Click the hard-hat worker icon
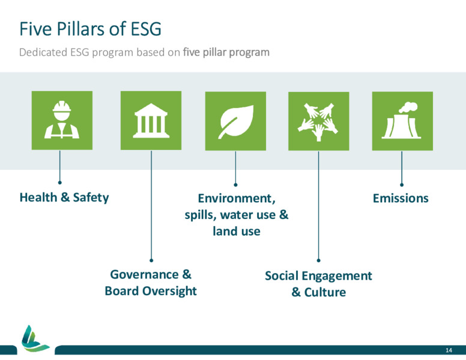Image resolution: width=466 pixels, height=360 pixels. tap(62, 120)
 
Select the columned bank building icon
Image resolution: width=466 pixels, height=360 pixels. tap(151, 120)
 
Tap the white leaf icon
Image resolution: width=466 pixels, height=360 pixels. tap(236, 121)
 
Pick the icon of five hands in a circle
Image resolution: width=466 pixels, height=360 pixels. tap(318, 121)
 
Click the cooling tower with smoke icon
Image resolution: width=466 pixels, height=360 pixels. tap(402, 120)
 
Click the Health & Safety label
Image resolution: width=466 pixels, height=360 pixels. tap(64, 197)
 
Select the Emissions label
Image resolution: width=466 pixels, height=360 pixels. tap(401, 198)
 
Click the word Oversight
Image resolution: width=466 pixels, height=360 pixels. tap(169, 291)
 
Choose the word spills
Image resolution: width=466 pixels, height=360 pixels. tap(201, 215)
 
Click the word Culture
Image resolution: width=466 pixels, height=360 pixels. tap(325, 292)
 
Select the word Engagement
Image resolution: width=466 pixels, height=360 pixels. tap(337, 276)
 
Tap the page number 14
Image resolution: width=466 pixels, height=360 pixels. tap(449, 350)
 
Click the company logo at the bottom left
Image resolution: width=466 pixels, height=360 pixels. tap(35, 338)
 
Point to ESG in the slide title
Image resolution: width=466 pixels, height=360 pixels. tap(146, 29)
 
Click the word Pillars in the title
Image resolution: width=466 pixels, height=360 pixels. tap(81, 29)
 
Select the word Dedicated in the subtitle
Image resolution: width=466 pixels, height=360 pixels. tap(43, 52)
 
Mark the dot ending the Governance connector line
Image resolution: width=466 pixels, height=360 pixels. tap(151, 260)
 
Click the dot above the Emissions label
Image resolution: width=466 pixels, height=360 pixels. tap(402, 185)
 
